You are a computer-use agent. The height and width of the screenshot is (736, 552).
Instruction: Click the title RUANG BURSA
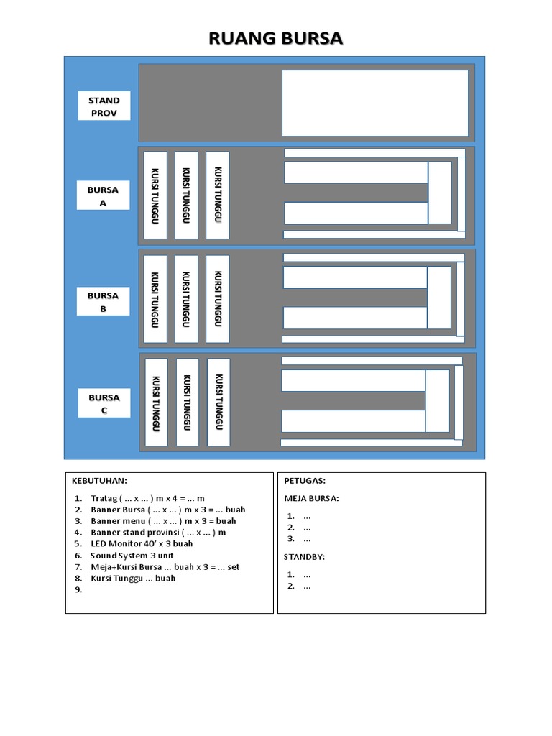pyautogui.click(x=275, y=39)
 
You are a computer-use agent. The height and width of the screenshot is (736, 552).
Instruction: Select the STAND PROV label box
pyautogui.click(x=104, y=106)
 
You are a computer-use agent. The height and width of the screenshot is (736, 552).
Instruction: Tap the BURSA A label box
pyautogui.click(x=103, y=195)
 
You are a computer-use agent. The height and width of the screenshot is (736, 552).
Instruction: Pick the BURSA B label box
pyautogui.click(x=103, y=301)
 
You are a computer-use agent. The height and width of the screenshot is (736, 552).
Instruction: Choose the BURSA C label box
pyautogui.click(x=104, y=403)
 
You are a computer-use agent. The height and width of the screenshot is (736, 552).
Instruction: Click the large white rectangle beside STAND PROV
pyautogui.click(x=375, y=103)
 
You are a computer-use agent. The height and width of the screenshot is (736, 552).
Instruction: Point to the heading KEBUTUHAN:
pyautogui.click(x=99, y=481)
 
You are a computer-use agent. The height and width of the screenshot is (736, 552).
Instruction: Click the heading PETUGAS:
pyautogui.click(x=305, y=481)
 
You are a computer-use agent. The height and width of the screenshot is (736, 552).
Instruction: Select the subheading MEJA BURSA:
pyautogui.click(x=311, y=499)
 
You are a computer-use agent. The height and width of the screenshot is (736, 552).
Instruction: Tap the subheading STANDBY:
pyautogui.click(x=304, y=557)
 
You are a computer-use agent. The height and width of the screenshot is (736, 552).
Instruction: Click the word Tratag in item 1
pyautogui.click(x=103, y=499)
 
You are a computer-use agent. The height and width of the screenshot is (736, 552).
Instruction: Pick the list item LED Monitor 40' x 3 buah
pyautogui.click(x=142, y=543)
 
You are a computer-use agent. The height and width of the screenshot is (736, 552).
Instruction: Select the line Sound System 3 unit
pyautogui.click(x=132, y=556)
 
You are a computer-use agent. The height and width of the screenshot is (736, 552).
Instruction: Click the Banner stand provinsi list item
pyautogui.click(x=158, y=533)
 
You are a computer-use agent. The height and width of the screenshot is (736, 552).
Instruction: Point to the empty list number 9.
pyautogui.click(x=78, y=590)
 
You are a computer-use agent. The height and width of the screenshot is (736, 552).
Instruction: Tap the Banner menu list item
pyautogui.click(x=163, y=521)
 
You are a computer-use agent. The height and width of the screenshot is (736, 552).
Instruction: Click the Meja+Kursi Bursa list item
pyautogui.click(x=165, y=567)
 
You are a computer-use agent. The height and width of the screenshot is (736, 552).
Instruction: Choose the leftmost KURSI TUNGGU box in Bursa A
pyautogui.click(x=155, y=195)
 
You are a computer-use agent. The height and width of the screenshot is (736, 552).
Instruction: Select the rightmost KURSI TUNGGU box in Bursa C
pyautogui.click(x=218, y=402)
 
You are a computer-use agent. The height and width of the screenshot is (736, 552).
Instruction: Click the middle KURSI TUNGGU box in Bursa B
pyautogui.click(x=186, y=299)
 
